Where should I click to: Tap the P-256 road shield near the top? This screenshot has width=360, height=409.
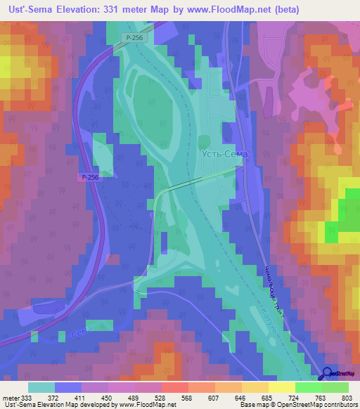(x=135, y=37)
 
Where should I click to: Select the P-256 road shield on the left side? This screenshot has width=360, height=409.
(x=89, y=178)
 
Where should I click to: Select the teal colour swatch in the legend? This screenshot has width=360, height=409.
(x=41, y=387)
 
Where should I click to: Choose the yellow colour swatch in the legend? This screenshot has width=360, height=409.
(x=281, y=387)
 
